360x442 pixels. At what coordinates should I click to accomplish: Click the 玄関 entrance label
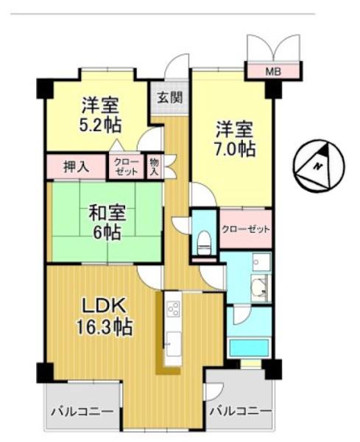pos(170,97)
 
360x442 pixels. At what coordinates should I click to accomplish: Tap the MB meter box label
pos(273,71)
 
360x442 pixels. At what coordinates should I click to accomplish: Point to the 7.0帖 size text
pos(236,149)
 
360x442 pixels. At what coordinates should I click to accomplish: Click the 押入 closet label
pos(74,166)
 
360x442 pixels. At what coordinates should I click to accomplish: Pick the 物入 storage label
pos(155,166)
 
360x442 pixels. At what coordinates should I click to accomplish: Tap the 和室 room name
pos(107,213)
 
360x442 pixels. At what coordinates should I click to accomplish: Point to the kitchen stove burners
pos(173,309)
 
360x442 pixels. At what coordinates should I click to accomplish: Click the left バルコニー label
pos(81,411)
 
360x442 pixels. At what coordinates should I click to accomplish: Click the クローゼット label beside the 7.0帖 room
pos(246,229)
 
